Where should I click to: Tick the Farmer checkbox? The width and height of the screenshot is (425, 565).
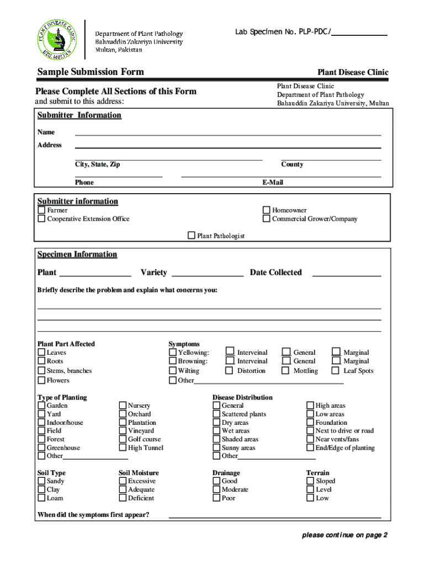pos(41,210)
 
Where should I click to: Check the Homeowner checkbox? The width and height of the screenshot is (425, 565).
pos(267,210)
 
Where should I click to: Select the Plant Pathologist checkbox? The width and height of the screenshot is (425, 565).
pos(192,236)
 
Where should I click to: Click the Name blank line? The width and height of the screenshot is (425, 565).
pos(227,134)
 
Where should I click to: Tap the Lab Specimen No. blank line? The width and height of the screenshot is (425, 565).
pos(359,34)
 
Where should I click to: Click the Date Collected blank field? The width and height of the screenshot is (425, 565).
pos(347,274)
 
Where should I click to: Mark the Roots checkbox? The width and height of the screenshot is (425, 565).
pos(41,361)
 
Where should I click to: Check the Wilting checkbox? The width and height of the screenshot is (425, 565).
pos(173,371)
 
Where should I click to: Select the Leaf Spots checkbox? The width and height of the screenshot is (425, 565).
pos(335,371)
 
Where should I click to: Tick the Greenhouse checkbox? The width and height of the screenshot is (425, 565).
pos(41,448)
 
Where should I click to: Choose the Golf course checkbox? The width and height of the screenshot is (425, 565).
pos(123,439)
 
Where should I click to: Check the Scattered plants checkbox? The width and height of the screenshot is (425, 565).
pos(217,414)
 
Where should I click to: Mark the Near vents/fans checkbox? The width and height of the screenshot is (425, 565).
pos(310,439)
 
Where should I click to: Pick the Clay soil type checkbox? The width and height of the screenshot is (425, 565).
pos(41,489)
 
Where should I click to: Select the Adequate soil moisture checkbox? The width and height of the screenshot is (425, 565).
pos(123,489)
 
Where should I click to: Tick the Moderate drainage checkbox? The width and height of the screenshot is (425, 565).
pos(217,489)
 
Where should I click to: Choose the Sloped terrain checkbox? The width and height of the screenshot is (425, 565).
pos(310,481)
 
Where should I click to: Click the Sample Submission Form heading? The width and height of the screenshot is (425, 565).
pos(91,72)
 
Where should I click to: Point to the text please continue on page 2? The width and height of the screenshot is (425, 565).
pos(345,535)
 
